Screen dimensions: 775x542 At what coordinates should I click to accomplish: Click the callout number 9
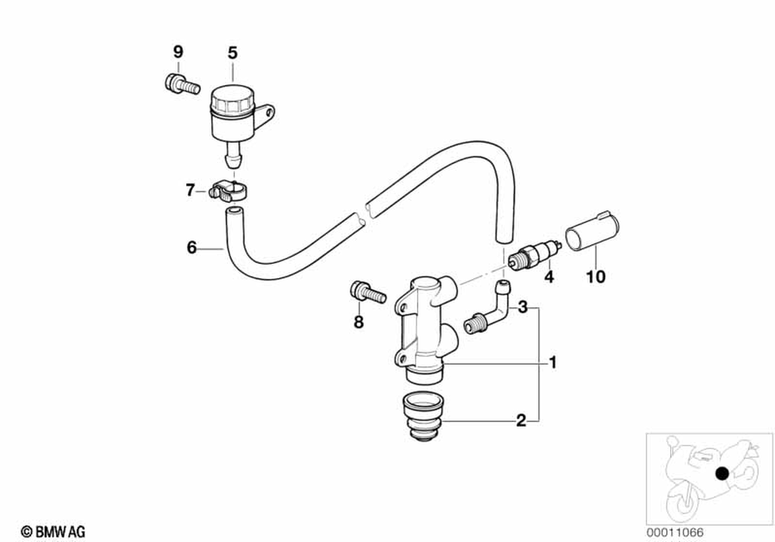[177, 53]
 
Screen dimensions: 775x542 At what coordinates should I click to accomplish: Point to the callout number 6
[191, 248]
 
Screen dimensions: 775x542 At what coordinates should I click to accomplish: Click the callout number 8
[358, 322]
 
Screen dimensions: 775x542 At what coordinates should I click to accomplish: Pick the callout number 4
[548, 276]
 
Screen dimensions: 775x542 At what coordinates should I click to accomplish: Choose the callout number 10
[598, 276]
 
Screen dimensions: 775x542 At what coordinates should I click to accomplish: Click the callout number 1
[553, 362]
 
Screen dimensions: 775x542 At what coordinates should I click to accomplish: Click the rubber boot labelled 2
[422, 418]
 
